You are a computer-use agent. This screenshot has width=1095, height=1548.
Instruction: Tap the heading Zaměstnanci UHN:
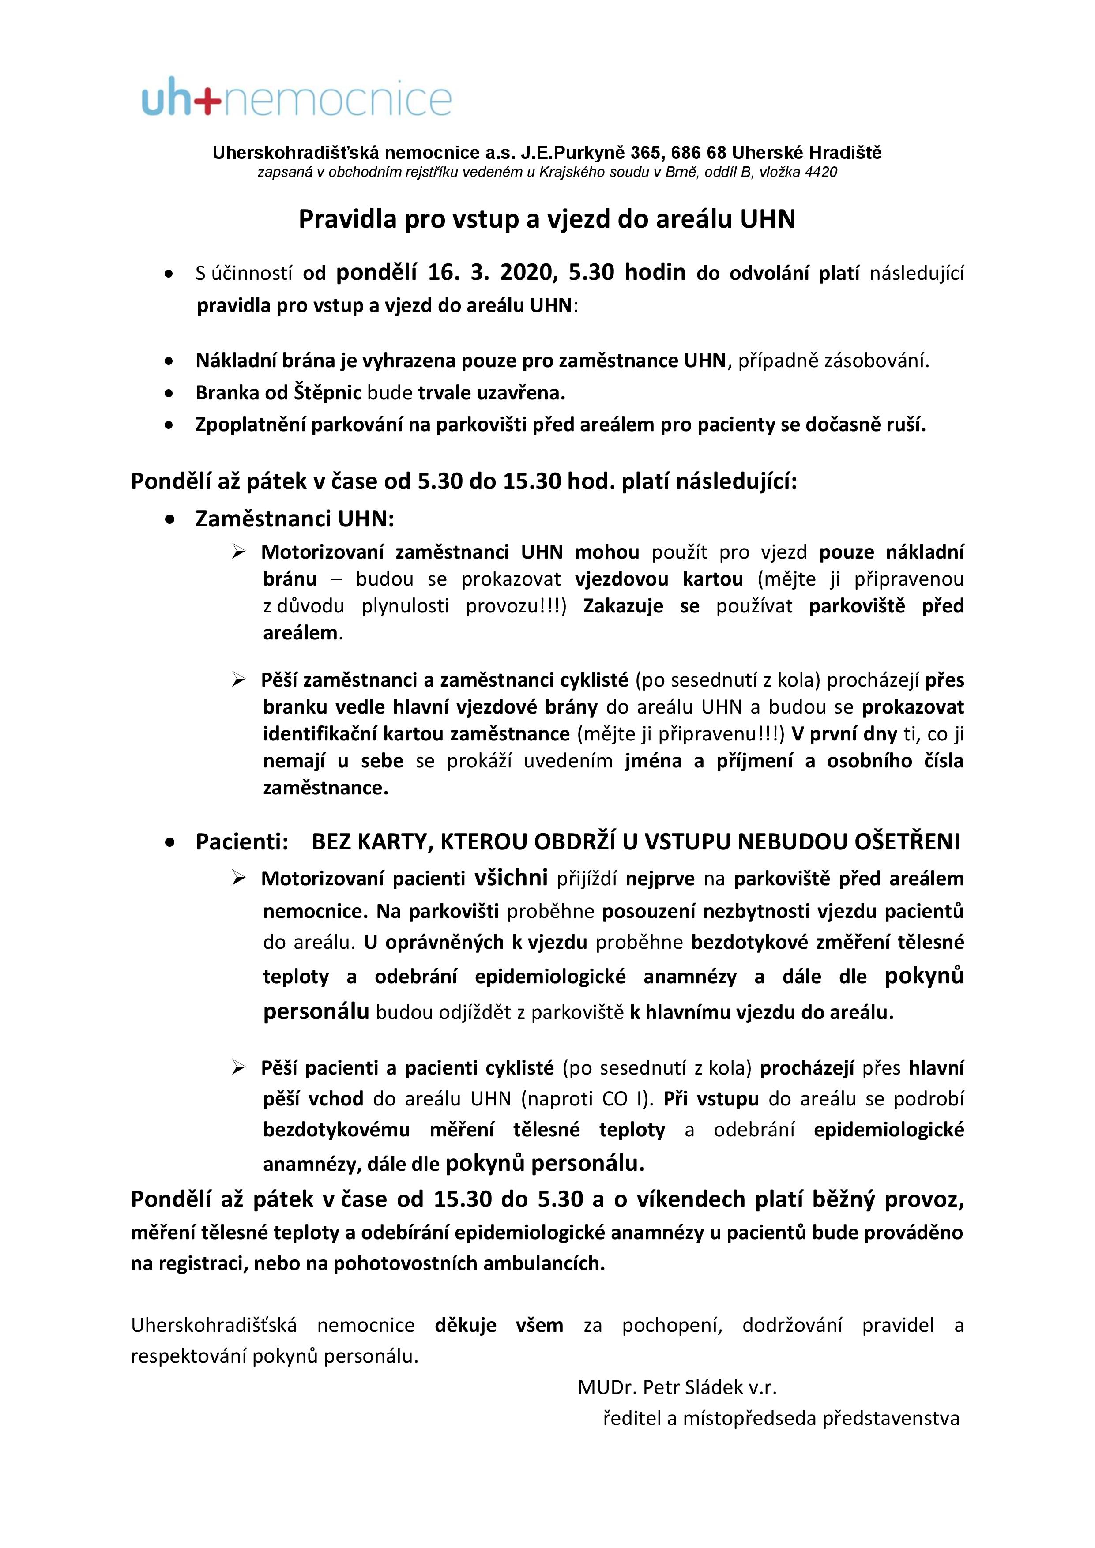pyautogui.click(x=295, y=519)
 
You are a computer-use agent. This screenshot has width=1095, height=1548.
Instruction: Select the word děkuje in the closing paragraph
pyautogui.click(x=465, y=1326)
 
